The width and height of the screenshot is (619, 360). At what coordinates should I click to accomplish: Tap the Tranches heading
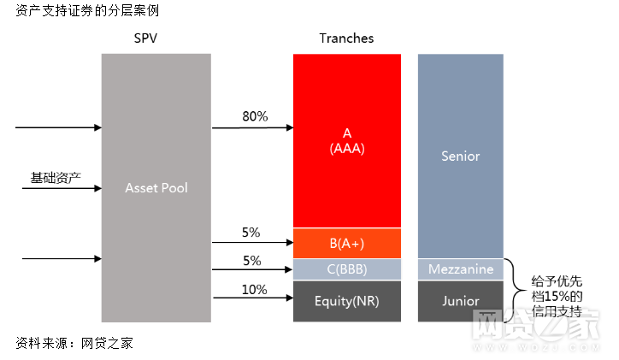click(346, 38)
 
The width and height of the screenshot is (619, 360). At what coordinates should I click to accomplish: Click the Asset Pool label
click(156, 187)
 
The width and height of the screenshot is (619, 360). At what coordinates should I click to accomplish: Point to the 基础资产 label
click(56, 177)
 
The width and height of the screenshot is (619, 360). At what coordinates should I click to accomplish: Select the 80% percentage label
click(255, 116)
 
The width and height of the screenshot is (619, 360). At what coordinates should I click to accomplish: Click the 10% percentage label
click(254, 289)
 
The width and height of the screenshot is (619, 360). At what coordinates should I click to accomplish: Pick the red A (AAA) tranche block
click(346, 140)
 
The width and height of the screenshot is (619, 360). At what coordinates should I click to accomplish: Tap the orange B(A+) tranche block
click(346, 243)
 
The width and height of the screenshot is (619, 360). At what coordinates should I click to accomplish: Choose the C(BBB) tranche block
click(346, 269)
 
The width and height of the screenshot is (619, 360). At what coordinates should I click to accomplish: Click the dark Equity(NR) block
click(346, 301)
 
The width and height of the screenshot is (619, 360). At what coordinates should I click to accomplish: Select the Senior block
click(460, 156)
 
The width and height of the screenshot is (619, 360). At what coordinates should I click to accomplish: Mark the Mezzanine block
click(460, 269)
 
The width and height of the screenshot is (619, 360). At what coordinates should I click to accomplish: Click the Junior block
click(460, 301)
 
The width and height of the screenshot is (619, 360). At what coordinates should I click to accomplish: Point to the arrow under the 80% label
click(252, 128)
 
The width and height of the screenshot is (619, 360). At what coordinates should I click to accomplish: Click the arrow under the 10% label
click(252, 298)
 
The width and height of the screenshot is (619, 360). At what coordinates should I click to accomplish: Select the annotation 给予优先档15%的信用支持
click(557, 290)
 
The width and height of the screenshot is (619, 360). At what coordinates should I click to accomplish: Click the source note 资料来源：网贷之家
click(74, 343)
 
